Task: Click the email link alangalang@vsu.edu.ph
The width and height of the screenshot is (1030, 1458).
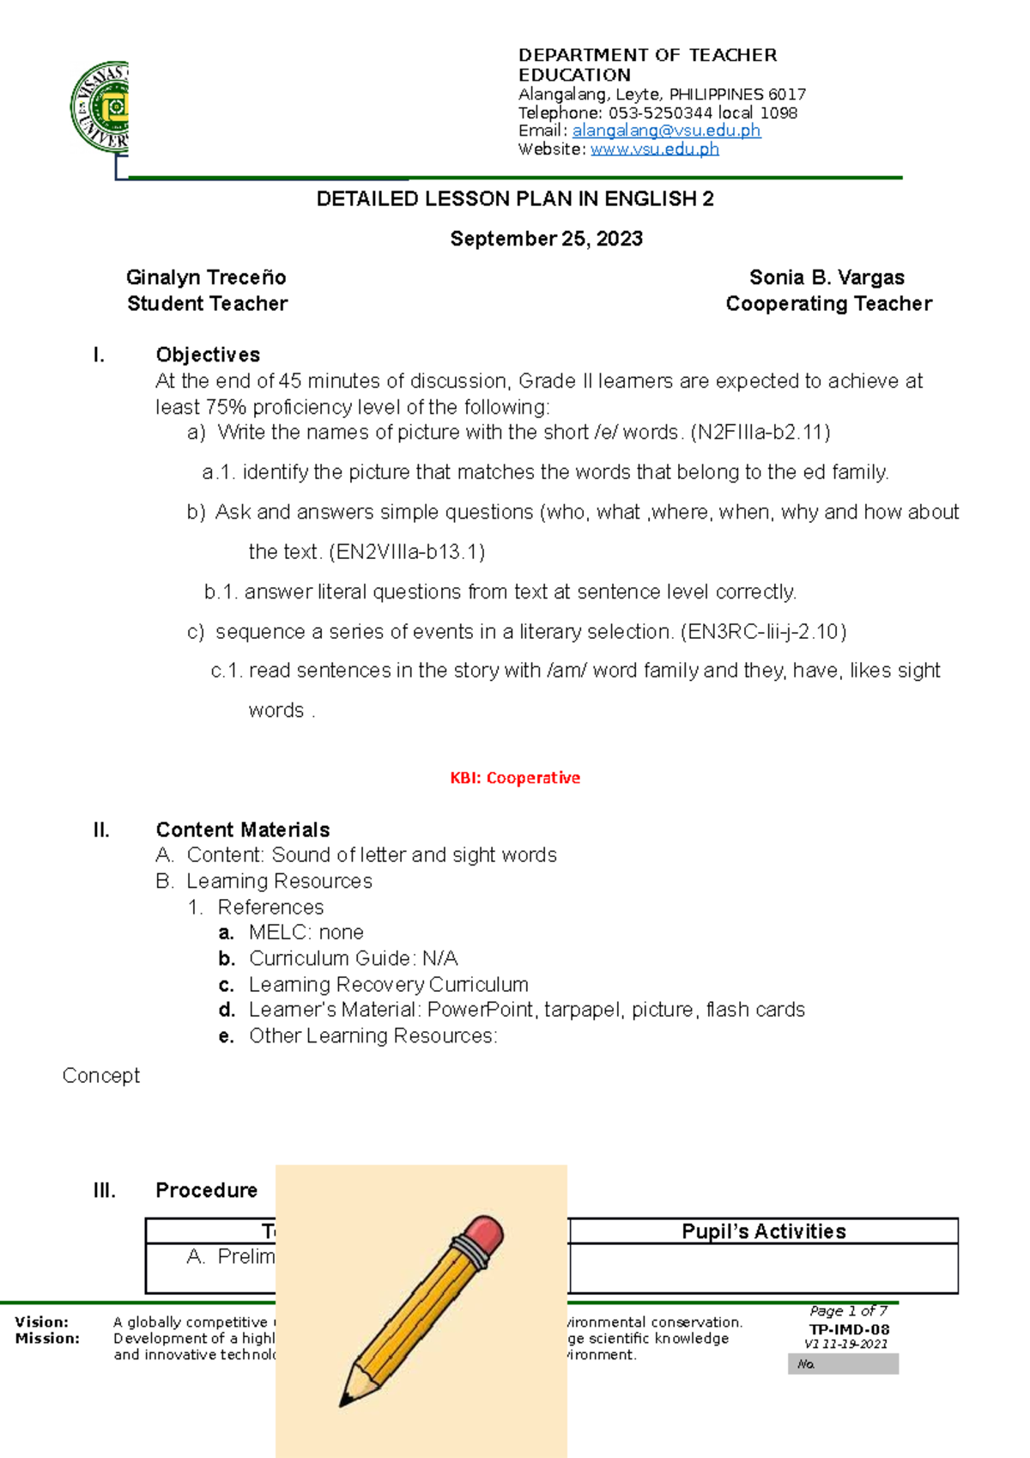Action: click(666, 131)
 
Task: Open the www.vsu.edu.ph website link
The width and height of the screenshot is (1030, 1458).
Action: click(654, 149)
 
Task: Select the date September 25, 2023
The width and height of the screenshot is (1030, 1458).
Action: click(546, 239)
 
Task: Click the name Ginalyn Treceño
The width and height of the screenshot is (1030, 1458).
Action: click(206, 277)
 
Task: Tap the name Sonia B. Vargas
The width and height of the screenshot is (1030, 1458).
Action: click(827, 277)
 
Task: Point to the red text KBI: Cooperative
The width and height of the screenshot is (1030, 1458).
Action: click(515, 778)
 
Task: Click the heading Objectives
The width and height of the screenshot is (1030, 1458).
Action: click(208, 355)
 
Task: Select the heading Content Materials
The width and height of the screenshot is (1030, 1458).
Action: click(242, 829)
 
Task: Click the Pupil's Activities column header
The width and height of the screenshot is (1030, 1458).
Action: click(763, 1231)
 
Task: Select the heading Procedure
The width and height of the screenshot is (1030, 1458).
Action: click(206, 1190)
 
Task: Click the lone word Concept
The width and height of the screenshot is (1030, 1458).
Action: click(101, 1076)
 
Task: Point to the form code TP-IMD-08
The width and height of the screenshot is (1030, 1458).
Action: click(849, 1329)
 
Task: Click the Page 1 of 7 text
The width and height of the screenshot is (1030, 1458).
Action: click(848, 1311)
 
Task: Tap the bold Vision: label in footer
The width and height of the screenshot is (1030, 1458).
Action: click(41, 1322)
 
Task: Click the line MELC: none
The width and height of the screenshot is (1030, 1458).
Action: click(306, 933)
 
